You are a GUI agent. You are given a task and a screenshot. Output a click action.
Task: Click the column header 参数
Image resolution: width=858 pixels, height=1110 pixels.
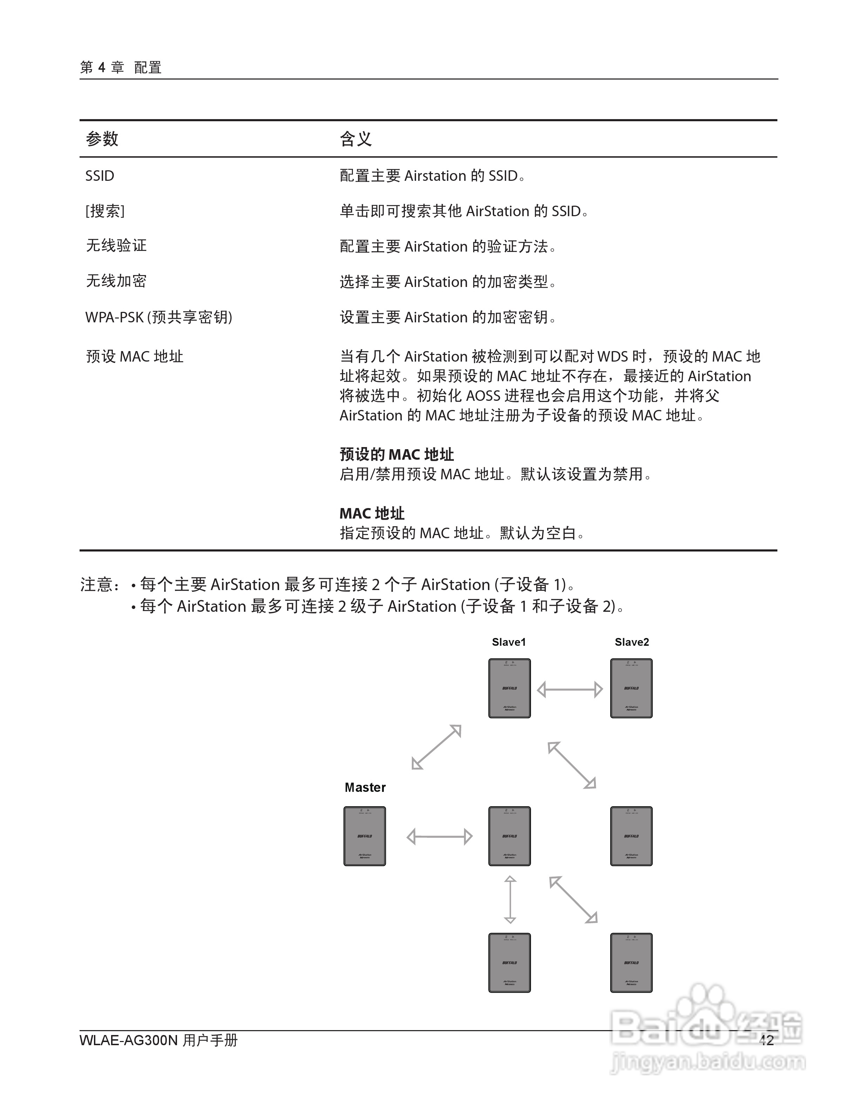coord(102,139)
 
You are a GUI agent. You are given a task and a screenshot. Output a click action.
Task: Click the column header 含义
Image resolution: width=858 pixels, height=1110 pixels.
coord(356,139)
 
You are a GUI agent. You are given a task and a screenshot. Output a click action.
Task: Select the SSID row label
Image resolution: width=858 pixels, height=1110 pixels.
coord(100,176)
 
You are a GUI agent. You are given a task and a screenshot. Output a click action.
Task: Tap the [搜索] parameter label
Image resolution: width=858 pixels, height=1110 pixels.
coord(105,211)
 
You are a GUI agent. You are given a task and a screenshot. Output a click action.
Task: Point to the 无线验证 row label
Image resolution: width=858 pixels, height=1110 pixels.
coord(116,246)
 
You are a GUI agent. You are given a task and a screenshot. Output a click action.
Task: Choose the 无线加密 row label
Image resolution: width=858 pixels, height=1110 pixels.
coord(116,281)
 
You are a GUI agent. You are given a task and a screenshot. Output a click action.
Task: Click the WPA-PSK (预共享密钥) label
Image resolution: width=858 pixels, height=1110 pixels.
coord(158,317)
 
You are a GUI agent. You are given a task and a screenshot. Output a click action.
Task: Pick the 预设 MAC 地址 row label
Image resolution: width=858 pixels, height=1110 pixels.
coord(134,357)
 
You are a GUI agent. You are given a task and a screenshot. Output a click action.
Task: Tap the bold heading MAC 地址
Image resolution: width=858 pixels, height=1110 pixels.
coord(372,513)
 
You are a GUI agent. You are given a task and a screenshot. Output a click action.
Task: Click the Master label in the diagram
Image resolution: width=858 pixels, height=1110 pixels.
coord(365,787)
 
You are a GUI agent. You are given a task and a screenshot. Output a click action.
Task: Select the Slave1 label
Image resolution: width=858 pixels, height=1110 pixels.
coord(509,642)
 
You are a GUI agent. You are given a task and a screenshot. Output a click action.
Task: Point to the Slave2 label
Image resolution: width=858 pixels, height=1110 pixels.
coord(632,642)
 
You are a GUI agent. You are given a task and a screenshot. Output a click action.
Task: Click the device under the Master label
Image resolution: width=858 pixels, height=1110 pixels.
coord(365,836)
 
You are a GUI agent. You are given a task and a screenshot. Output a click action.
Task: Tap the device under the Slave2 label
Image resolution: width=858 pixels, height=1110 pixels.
coord(631,688)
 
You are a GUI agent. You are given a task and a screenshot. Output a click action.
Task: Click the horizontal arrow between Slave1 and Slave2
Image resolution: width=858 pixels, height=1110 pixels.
coord(570,690)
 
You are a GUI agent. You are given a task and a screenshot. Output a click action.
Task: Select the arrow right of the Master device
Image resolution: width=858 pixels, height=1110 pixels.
coord(440,837)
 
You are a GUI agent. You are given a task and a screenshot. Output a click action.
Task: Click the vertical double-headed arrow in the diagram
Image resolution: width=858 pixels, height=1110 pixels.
coord(510,899)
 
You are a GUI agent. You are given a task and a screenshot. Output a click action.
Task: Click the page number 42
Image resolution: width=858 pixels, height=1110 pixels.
coord(766,1040)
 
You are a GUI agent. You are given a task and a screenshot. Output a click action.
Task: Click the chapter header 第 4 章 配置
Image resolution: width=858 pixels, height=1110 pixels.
coord(121,67)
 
